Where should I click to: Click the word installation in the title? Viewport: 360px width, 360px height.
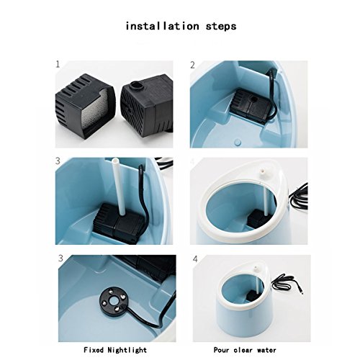click(x=162, y=26)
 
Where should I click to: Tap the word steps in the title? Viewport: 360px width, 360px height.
click(x=221, y=27)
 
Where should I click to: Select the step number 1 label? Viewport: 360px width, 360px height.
click(x=58, y=64)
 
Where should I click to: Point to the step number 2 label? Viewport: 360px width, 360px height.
click(x=192, y=65)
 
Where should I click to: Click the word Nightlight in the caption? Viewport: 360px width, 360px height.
click(x=127, y=350)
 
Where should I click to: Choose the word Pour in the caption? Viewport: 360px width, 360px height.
click(x=221, y=350)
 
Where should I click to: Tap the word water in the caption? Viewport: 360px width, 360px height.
click(x=266, y=350)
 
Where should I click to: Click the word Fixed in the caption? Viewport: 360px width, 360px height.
click(x=94, y=350)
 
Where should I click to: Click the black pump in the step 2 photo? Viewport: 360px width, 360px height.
click(x=251, y=107)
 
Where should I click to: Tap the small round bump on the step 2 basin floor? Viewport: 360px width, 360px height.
click(x=238, y=142)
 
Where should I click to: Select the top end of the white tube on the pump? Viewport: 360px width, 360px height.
click(x=115, y=159)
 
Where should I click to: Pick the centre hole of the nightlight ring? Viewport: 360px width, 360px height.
click(x=113, y=300)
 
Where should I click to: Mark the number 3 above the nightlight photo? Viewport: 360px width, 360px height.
click(x=60, y=258)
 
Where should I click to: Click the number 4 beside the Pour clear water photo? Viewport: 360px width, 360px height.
click(x=195, y=259)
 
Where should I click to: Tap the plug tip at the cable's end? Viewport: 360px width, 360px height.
click(x=301, y=292)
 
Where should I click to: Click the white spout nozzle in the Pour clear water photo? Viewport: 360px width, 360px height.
click(x=256, y=268)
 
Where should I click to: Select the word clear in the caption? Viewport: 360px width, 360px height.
click(x=243, y=350)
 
